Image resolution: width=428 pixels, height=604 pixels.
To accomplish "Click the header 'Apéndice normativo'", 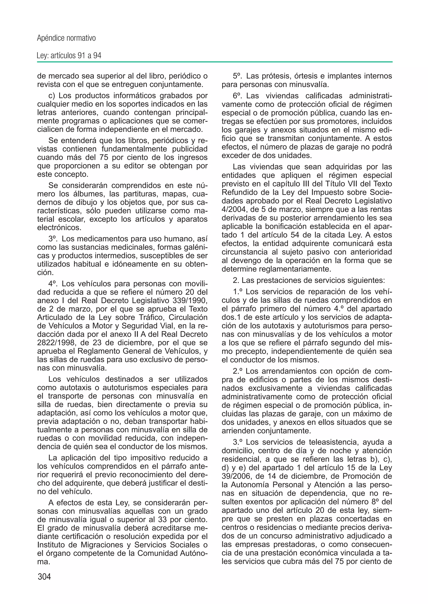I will (66, 38).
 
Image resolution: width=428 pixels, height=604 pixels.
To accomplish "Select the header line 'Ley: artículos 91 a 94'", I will (69, 56).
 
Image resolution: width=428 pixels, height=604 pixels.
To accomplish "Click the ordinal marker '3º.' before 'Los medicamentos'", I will (53, 239).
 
